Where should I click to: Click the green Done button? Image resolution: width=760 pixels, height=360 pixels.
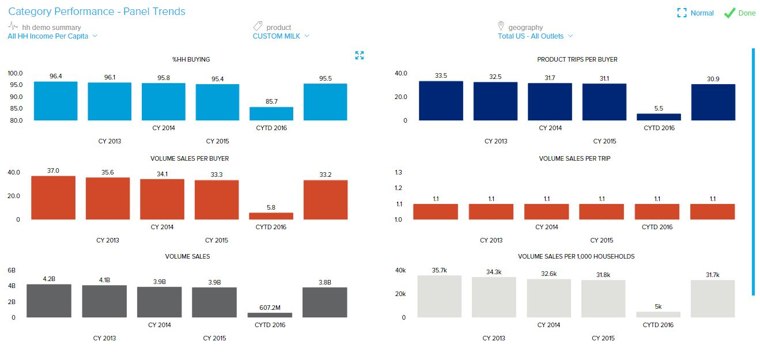(740, 13)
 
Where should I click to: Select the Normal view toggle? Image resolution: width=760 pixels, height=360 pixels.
(695, 13)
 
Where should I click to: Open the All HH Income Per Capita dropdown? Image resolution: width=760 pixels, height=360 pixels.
(52, 36)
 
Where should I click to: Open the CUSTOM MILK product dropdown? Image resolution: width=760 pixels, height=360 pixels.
(281, 36)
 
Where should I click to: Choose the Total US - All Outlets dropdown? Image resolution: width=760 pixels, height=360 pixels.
(535, 36)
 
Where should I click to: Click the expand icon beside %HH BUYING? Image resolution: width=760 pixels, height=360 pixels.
(360, 55)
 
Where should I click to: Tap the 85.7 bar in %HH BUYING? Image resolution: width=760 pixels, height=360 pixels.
(271, 113)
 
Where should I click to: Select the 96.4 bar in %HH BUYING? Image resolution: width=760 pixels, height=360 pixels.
(55, 101)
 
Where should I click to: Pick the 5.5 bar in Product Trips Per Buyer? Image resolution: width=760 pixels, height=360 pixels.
(659, 117)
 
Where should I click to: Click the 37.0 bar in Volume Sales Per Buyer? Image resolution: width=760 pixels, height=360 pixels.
(54, 198)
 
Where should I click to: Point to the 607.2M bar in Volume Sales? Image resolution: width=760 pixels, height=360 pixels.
(270, 315)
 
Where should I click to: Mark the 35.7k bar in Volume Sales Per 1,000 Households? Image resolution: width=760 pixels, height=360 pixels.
(440, 297)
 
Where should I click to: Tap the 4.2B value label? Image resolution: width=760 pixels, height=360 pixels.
(49, 279)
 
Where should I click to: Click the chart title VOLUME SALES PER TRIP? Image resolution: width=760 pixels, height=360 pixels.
(574, 158)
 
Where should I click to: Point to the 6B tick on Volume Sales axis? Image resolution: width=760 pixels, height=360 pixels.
(12, 270)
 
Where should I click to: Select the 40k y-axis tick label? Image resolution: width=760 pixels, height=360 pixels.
(400, 270)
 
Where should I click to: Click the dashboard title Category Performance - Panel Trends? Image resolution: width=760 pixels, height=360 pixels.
(97, 12)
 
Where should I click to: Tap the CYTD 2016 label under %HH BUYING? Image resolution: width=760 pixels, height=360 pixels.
(271, 128)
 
